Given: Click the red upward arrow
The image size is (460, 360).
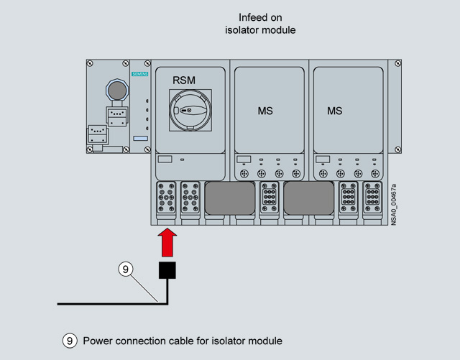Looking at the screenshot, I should coord(167,241).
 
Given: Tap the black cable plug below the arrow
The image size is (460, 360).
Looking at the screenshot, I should coord(167,269).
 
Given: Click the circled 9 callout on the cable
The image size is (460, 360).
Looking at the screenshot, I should coord(125,269).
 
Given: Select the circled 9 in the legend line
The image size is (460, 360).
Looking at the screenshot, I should coord(70,341).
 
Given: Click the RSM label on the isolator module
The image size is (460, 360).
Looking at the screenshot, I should coord(185,80).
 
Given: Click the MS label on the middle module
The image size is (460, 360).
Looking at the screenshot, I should coord(265,111).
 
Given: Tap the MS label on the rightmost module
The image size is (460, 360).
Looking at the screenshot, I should coord(335,111).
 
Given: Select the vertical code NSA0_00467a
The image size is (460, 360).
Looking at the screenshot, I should coord(394,206).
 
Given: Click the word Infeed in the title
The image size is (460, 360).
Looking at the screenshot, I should coord(253,17).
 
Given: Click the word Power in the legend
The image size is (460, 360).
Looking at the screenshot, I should coord(98,341).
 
